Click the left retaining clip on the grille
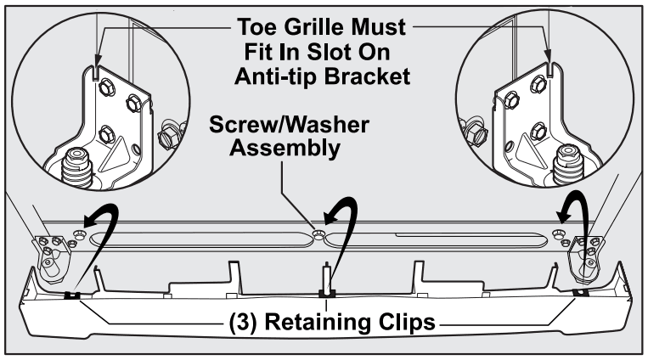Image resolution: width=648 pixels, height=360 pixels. [71, 295]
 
